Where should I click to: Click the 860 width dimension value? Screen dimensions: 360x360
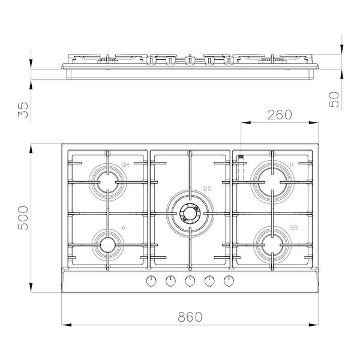click(190, 316)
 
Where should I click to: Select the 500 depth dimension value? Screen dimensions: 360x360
click(23, 218)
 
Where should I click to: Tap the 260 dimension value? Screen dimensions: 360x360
click(280, 114)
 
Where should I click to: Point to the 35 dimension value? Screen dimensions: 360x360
click(23, 109)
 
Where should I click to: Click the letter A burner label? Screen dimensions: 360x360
click(123, 228)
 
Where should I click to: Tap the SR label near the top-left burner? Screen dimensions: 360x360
click(125, 164)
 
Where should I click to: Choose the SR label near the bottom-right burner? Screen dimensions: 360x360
click(293, 228)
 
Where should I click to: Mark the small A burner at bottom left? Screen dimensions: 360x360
click(107, 244)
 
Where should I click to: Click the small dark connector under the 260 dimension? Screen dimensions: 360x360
click(241, 158)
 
